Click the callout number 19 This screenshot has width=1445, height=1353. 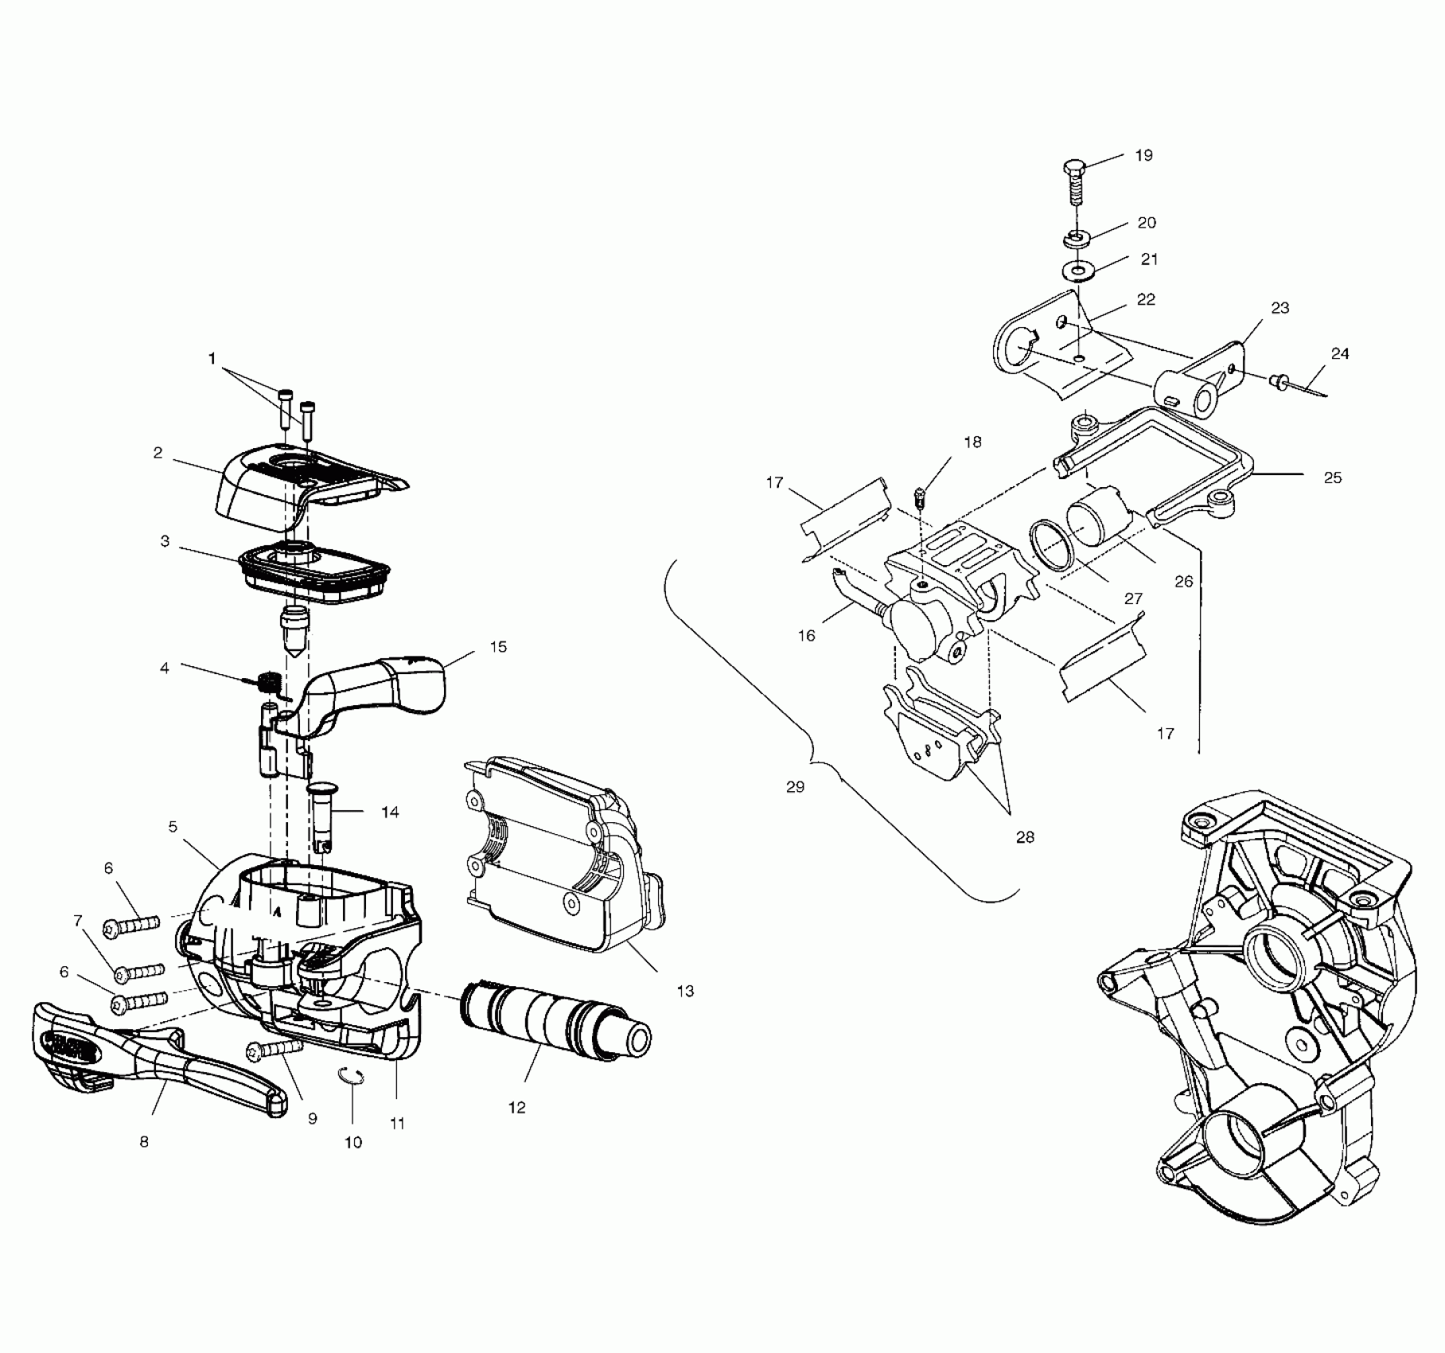click(1143, 155)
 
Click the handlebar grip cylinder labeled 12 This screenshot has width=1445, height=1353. click(553, 1023)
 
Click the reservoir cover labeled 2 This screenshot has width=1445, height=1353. click(302, 485)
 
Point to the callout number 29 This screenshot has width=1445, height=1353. click(795, 787)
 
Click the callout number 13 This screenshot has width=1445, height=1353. click(685, 991)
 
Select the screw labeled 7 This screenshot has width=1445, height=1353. click(140, 973)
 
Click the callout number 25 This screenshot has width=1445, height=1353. click(1332, 478)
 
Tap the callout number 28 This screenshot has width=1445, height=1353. click(1025, 837)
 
